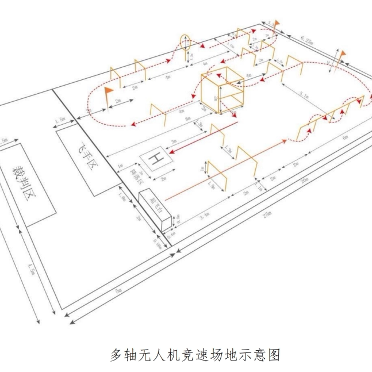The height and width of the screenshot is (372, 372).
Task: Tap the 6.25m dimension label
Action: click(x=307, y=39)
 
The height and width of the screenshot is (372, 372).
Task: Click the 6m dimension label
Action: click(x=344, y=137)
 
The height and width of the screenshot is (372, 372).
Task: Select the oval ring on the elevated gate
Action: click(x=186, y=41)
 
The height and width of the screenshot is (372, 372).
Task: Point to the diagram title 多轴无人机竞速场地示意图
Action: click(x=195, y=354)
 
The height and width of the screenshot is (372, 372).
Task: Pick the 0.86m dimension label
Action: click(x=159, y=243)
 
